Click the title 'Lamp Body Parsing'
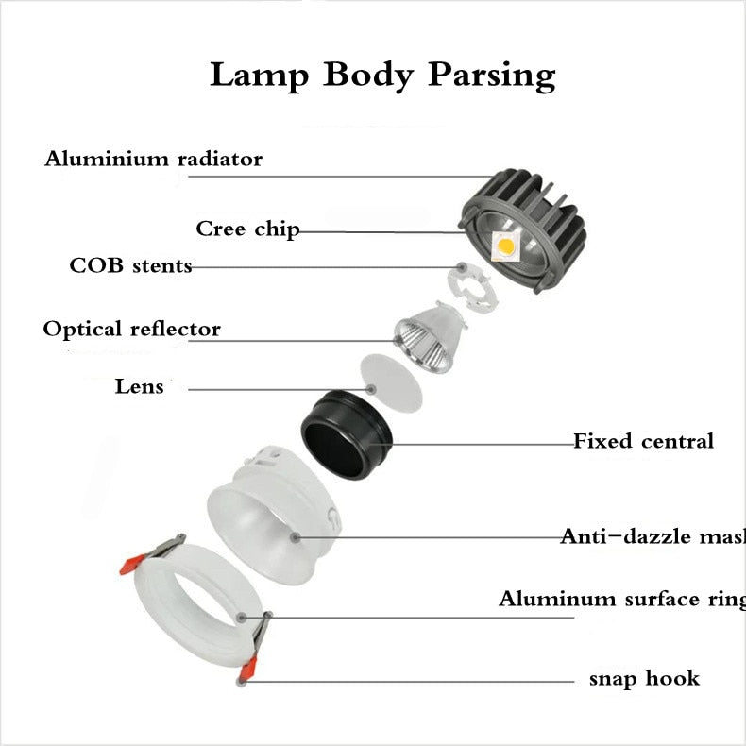pos(381,74)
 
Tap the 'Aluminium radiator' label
pos(153,159)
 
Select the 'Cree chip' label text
pos(247,229)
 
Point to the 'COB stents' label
pos(130,266)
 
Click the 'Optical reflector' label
pos(131,330)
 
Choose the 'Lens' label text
pos(140,386)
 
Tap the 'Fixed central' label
pos(643,441)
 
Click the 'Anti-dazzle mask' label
pos(653,536)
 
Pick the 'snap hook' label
pos(644,678)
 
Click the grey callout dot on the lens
pos(372,389)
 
